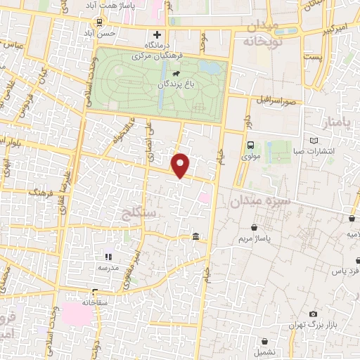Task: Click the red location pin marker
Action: coord(182,165)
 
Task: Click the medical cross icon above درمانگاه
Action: coord(157,34)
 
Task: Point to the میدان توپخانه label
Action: coord(264,34)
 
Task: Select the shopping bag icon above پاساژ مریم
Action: coord(254,228)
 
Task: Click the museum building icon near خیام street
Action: coord(195,236)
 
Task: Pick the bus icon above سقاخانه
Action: coord(95,292)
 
